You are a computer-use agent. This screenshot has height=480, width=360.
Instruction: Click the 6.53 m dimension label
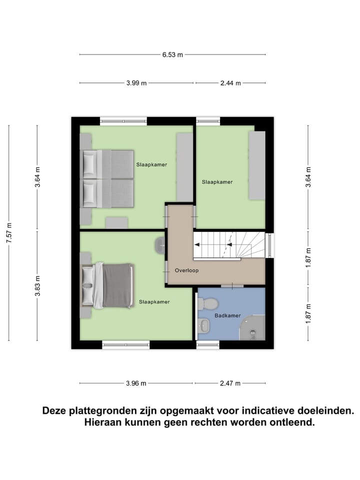coord(172,54)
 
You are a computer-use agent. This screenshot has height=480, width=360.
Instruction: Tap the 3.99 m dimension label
coord(136,83)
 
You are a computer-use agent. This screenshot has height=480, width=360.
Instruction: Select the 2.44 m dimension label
coord(230,83)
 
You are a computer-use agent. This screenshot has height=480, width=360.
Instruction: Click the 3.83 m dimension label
coord(37,286)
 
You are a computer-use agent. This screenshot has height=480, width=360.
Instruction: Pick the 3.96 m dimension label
coord(136,383)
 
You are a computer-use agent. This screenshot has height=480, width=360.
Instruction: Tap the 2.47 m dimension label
coord(230,383)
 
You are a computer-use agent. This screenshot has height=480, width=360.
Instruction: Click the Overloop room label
coord(186,270)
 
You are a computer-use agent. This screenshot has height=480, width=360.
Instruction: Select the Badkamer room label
coord(227,315)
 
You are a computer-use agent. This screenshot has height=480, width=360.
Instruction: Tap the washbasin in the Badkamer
coord(203,326)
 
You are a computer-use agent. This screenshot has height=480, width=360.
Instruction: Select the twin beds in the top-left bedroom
coord(107,178)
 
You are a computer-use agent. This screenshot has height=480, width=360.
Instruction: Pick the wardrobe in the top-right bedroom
coord(257,165)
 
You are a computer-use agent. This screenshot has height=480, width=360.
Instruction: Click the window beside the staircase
coord(270,245)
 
